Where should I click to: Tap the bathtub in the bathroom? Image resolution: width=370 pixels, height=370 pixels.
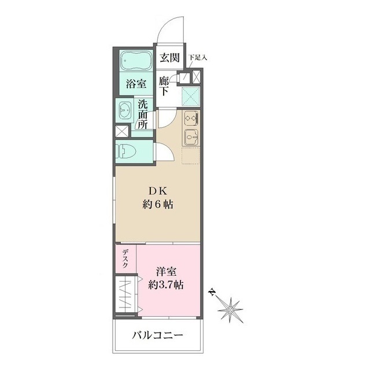[x=136, y=61]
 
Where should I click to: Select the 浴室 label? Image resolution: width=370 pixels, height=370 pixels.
[x=136, y=83]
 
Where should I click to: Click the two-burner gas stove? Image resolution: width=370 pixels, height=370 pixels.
[x=191, y=118]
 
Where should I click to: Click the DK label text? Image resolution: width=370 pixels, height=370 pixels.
[x=158, y=191]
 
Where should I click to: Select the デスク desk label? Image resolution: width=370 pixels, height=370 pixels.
[x=125, y=258]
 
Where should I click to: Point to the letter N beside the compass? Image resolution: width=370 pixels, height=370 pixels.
[x=213, y=291]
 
